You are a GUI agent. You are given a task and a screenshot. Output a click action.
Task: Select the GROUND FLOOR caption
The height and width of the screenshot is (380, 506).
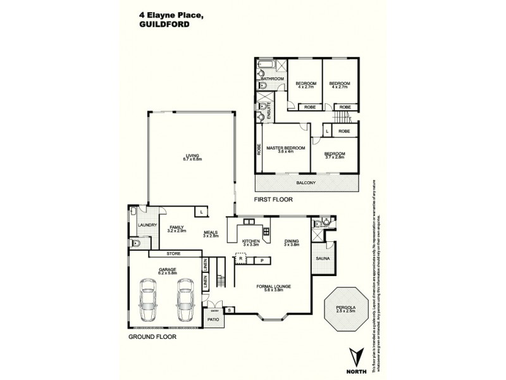point(152,337)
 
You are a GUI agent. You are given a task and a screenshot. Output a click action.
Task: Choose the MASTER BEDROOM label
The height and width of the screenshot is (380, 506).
point(285,149)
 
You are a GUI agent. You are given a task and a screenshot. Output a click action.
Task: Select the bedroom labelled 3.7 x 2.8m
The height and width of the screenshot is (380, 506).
point(335,155)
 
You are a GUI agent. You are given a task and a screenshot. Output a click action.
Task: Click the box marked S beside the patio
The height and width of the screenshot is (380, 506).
point(229,310)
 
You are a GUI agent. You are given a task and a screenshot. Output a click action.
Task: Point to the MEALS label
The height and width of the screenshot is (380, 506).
point(211,234)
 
